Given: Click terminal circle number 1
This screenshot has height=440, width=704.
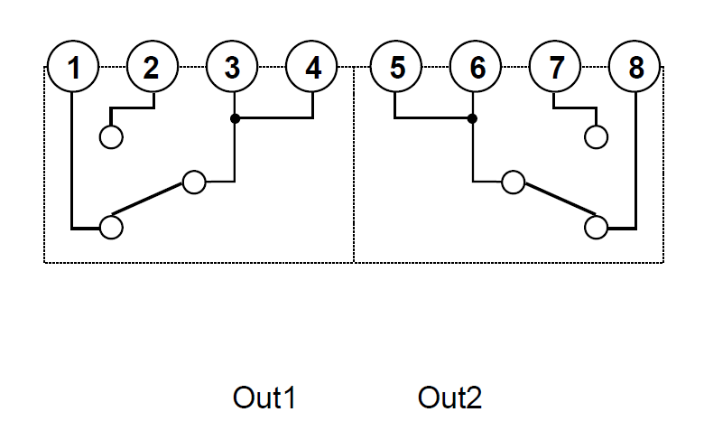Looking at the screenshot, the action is pos(73,67).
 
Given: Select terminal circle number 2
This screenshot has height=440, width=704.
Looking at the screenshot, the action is pos(153,67).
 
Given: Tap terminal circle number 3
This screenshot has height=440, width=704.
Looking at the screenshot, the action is pos(232,67).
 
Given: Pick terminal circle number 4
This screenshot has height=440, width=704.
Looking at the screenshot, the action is pos(311,67).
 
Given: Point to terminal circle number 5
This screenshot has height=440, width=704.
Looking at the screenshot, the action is pos(396,67).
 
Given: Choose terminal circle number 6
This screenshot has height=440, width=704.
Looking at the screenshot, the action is pos(476,67).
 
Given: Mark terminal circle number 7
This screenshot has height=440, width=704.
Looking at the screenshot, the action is pos(555,67).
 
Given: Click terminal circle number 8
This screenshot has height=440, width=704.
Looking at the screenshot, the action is pos(635,67).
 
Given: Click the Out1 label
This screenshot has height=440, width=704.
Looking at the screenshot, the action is pos(264,398).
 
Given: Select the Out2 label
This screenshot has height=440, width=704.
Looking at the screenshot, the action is pos(449,398).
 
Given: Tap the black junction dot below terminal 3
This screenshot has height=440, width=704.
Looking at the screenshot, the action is pos(235,118).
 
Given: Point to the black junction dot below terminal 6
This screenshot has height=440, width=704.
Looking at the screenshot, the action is pos(472,118).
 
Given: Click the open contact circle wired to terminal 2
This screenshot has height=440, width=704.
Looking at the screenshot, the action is pos(111,137).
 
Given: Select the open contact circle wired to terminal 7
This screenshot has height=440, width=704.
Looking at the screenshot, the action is pos(597,137).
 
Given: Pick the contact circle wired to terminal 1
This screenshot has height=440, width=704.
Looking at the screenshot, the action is pos(111,228).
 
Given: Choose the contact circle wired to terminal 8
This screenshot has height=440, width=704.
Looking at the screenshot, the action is pos(597,228).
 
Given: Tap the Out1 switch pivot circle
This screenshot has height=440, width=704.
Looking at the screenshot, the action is pos(194,182).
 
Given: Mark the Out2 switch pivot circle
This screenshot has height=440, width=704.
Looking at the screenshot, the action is pos(514,182).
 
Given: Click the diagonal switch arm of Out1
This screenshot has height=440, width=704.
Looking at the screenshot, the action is pos(147,198).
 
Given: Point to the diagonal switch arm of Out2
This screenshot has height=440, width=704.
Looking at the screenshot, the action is pos(560,198).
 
